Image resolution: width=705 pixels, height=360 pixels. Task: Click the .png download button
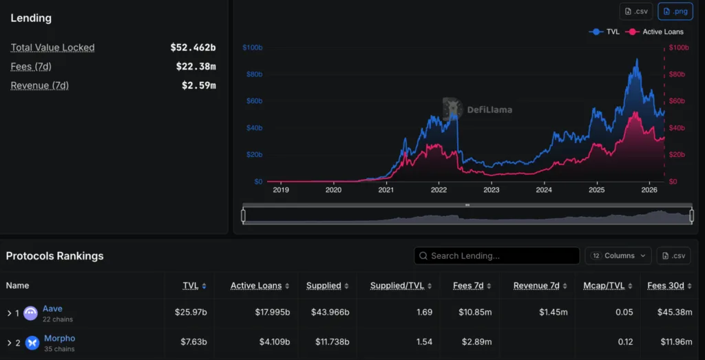pyautogui.click(x=675, y=11)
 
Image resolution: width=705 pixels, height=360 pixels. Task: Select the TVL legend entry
pyautogui.click(x=605, y=32)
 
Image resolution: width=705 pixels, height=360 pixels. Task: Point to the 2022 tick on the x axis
pyautogui.click(x=439, y=190)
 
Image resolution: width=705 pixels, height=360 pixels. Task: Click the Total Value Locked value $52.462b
pyautogui.click(x=193, y=47)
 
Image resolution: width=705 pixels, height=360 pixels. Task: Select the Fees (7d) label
pyautogui.click(x=31, y=67)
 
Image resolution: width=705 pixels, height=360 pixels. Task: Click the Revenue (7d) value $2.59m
pyautogui.click(x=198, y=85)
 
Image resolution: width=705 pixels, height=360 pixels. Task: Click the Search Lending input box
pyautogui.click(x=496, y=255)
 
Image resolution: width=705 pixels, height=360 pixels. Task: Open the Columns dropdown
pyautogui.click(x=618, y=255)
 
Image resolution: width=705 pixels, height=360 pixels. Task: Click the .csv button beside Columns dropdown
pyautogui.click(x=673, y=255)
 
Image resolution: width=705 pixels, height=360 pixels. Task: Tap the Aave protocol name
pyautogui.click(x=52, y=309)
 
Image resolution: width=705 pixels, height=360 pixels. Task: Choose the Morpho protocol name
pyautogui.click(x=59, y=338)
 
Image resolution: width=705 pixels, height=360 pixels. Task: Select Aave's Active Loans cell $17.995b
pyautogui.click(x=272, y=313)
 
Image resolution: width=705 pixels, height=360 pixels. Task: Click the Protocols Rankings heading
pyautogui.click(x=54, y=256)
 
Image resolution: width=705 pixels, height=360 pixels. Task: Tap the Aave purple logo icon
pyautogui.click(x=31, y=313)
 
